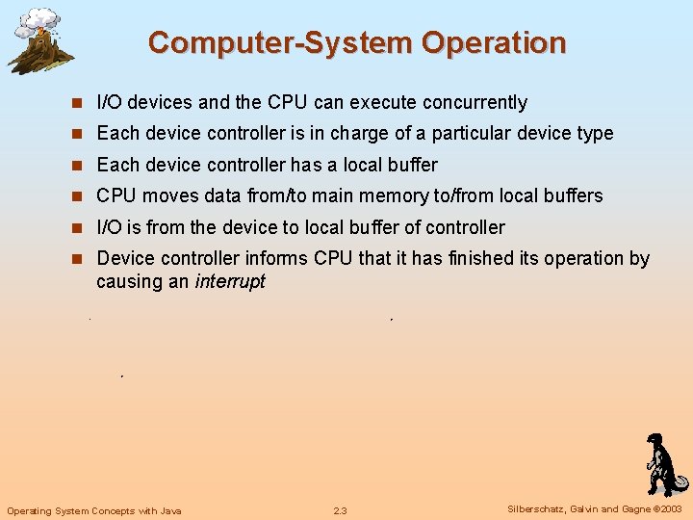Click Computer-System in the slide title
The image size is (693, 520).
280,43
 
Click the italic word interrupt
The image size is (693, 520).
229,282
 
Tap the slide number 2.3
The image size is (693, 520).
340,510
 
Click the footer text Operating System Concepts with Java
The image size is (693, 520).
94,510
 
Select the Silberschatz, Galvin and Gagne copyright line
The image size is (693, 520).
594,509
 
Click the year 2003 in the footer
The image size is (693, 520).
670,509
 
